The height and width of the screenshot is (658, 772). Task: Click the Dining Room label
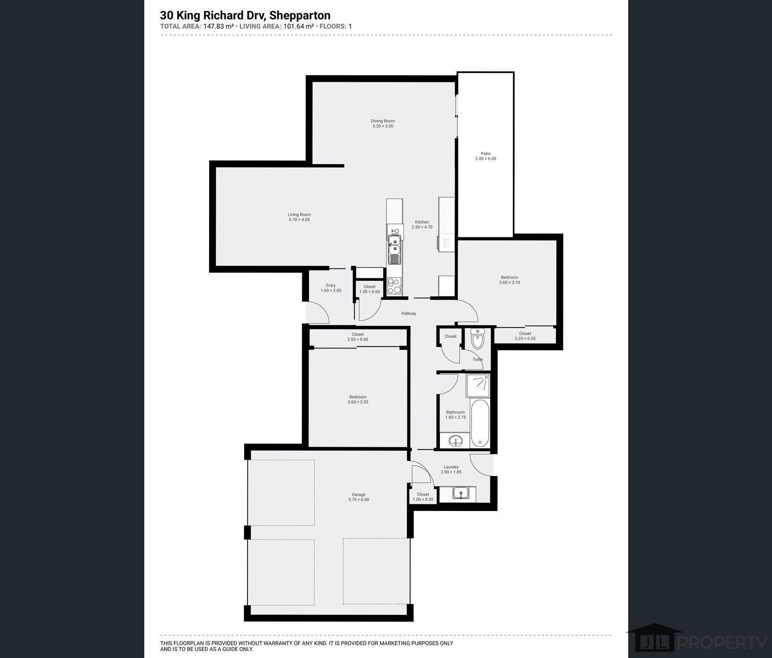coord(383,121)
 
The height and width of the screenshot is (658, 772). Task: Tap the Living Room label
coord(299,215)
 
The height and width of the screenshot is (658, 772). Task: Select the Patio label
coord(486,154)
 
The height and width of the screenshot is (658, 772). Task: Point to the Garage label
coord(359,494)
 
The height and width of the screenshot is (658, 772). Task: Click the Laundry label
coord(451,467)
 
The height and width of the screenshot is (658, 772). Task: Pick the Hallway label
coord(409,313)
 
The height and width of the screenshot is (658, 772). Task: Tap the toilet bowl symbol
coord(478,338)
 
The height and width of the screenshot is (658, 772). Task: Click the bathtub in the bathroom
coord(480,423)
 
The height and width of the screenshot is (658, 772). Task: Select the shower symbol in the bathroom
coord(478,385)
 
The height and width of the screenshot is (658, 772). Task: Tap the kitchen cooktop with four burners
coord(394,285)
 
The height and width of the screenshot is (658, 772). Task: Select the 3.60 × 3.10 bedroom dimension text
coord(509,283)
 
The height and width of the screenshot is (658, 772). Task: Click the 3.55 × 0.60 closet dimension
coord(358,339)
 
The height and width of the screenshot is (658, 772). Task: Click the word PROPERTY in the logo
coord(722,643)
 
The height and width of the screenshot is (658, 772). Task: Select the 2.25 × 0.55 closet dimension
coord(525,338)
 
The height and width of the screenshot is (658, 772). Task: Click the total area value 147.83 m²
coord(219,26)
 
